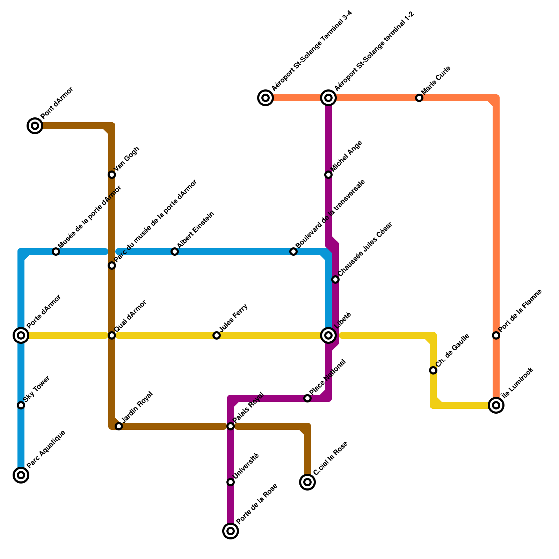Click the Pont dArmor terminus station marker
point(35,126)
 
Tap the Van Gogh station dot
point(112,175)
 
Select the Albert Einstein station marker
point(175,252)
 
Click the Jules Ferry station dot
point(217,335)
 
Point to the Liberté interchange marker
point(328,335)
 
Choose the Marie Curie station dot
point(419,98)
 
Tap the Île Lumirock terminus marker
point(496,405)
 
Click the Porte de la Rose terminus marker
point(231,531)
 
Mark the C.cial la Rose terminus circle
point(307,482)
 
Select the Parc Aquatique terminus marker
point(21,475)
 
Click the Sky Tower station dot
point(21,405)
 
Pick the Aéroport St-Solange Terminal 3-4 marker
point(266,98)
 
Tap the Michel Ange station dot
point(328,175)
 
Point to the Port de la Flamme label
point(520,311)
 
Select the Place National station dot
point(307,398)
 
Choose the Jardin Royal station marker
point(119,426)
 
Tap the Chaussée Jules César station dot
point(335,279)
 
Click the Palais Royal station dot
point(231,426)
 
